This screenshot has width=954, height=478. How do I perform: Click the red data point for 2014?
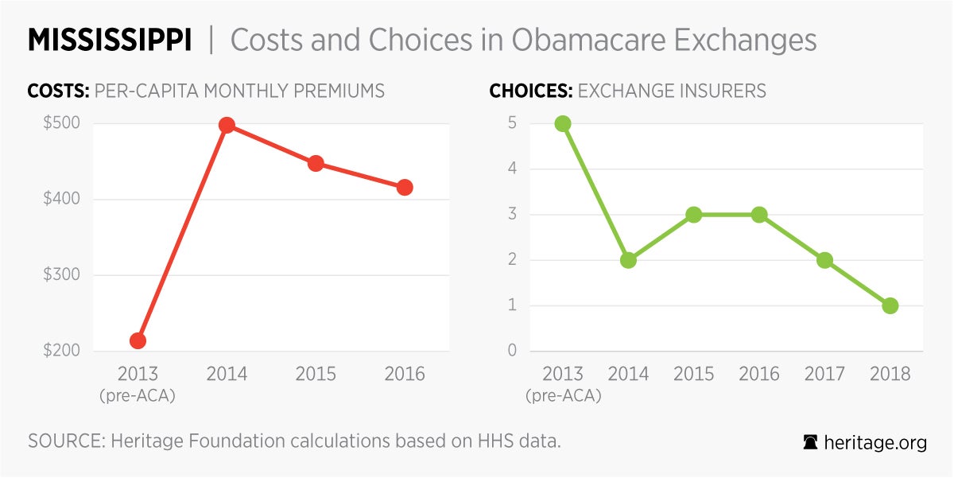click(227, 126)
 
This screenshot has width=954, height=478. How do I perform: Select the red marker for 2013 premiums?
click(138, 340)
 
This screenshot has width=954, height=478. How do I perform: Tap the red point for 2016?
click(405, 188)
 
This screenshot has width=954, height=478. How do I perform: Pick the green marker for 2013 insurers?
click(563, 123)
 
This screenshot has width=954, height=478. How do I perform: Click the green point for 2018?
click(890, 305)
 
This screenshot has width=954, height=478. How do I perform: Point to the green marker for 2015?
click(693, 215)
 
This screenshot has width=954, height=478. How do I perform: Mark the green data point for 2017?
click(824, 260)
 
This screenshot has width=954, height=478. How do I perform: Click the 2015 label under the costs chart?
click(316, 374)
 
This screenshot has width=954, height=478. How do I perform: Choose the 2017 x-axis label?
click(824, 374)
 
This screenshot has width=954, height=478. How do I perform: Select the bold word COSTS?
click(58, 91)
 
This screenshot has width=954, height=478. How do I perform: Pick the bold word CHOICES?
click(530, 91)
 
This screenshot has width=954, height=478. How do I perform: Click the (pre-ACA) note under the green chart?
click(563, 394)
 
